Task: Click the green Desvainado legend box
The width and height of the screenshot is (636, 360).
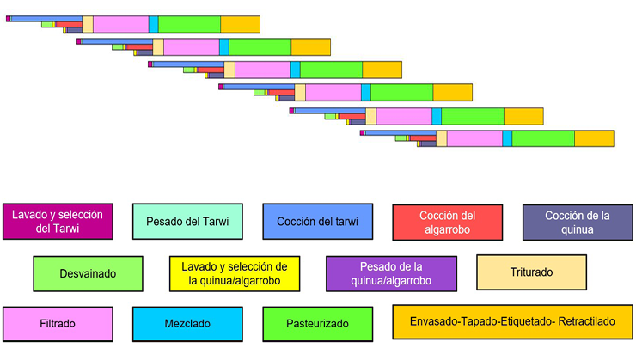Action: [x=88, y=273]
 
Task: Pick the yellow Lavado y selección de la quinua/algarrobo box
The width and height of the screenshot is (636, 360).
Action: [x=233, y=273]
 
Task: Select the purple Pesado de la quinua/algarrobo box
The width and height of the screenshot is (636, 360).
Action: [x=382, y=273]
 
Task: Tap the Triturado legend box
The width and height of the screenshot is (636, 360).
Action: [x=531, y=273]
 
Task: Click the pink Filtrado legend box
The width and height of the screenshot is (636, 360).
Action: [x=58, y=324]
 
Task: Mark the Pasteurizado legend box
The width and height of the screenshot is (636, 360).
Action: [x=317, y=324]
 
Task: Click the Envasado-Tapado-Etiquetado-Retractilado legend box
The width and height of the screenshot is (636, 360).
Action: [x=511, y=322]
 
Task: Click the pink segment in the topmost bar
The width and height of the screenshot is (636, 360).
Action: [x=120, y=24]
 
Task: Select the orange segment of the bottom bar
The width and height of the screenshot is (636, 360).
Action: [x=594, y=138]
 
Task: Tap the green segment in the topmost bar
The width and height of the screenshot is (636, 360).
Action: [x=189, y=24]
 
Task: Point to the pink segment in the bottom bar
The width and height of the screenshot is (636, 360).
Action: [x=474, y=138]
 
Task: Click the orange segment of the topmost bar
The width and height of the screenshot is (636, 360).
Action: [x=240, y=24]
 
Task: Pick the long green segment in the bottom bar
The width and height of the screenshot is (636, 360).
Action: [x=543, y=138]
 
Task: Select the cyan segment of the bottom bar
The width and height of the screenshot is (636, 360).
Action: [x=507, y=138]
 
